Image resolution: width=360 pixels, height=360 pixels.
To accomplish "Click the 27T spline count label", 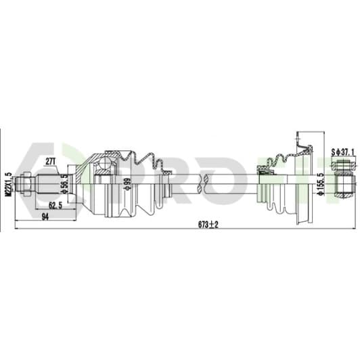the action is (50, 162).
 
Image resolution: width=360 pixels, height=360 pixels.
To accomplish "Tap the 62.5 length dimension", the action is (55, 206).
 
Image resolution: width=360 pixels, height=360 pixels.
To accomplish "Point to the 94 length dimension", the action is (45, 217).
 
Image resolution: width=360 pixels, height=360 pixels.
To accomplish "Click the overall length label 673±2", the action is (208, 225).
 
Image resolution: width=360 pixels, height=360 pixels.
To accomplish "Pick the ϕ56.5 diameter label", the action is (65, 184).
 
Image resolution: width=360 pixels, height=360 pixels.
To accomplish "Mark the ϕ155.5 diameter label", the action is (321, 184).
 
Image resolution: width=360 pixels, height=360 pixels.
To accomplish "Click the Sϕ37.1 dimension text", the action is (342, 152).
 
